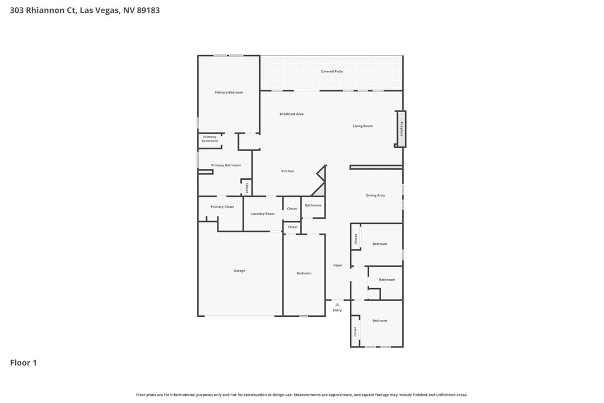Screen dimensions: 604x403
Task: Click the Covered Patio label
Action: pos(331,71)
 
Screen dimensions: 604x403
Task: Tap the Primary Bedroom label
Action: pos(229,93)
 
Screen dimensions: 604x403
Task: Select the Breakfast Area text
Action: pos(291,114)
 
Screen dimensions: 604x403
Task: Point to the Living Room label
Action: pos(363,126)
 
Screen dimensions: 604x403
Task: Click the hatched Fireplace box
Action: pos(401,129)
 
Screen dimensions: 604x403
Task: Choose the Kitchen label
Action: pos(288,171)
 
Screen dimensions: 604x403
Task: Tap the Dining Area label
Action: pos(376,195)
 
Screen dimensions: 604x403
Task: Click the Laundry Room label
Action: pos(263,214)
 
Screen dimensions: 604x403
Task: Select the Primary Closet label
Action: pos(222,207)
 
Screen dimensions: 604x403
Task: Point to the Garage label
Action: pos(239,271)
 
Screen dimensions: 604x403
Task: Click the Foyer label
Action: pos(338,265)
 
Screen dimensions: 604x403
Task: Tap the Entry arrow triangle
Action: pos(337,304)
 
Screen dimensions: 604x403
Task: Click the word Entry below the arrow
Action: pos(337,310)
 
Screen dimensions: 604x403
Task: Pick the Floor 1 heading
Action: pos(24,362)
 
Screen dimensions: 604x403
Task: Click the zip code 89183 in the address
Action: pos(148,11)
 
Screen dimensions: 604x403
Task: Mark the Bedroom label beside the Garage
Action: pos(304,274)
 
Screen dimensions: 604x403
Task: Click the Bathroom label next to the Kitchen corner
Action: pos(313,205)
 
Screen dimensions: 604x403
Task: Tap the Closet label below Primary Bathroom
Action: pos(247,188)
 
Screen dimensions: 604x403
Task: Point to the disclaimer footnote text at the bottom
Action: pos(301,395)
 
